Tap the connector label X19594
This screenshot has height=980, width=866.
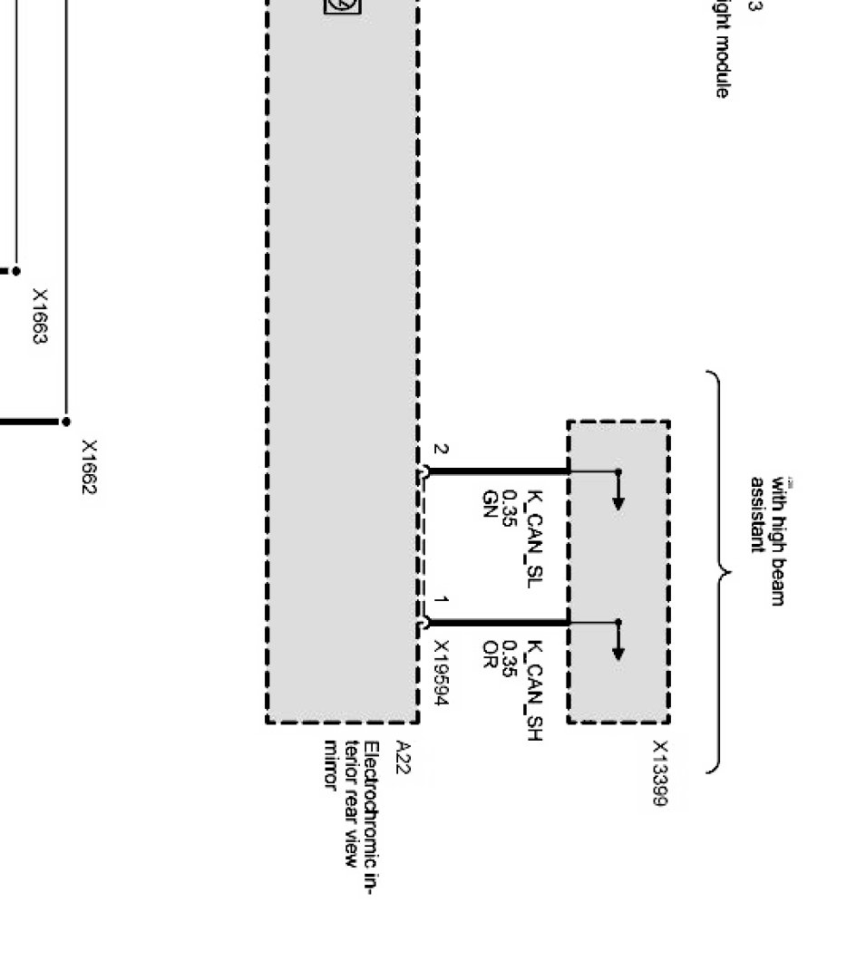point(442,673)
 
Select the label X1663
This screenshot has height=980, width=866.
point(40,316)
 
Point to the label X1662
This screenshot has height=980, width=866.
point(89,467)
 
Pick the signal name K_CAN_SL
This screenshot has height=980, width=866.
point(534,539)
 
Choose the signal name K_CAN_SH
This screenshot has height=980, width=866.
point(534,691)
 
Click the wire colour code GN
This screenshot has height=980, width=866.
point(490,504)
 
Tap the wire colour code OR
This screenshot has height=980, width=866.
point(490,653)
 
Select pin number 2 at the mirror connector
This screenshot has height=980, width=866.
point(440,450)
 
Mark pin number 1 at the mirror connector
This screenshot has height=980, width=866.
point(440,600)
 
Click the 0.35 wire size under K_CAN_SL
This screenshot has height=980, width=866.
point(510,509)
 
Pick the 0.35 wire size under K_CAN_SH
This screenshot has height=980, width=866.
point(510,659)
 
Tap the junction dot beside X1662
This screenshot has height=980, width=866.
point(66,422)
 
